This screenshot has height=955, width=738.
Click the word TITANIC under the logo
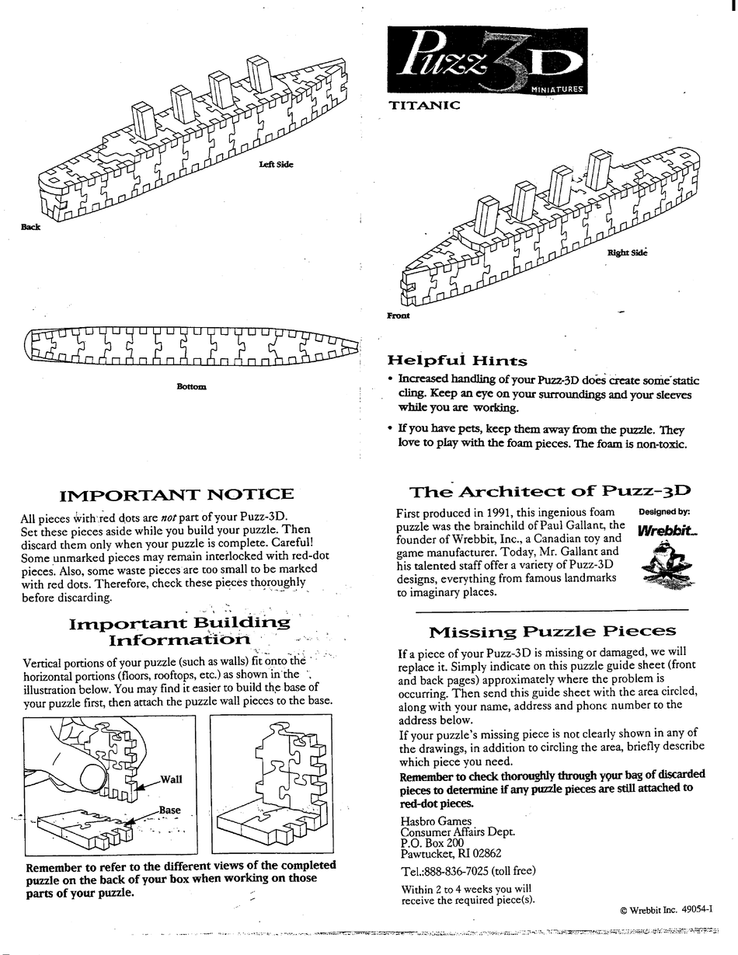click(423, 104)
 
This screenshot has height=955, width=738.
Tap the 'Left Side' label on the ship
click(276, 164)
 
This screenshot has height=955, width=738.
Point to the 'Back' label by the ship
click(31, 227)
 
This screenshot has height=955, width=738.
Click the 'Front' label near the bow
click(398, 315)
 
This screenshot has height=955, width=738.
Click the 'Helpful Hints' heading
click(457, 361)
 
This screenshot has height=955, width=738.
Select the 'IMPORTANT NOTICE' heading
click(177, 494)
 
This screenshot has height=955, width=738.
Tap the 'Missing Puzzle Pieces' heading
click(552, 631)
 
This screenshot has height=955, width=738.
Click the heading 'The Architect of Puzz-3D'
click(550, 491)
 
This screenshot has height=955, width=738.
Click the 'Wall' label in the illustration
click(171, 779)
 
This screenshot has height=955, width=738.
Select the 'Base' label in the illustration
click(169, 810)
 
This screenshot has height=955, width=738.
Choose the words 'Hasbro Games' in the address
click(436, 821)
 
